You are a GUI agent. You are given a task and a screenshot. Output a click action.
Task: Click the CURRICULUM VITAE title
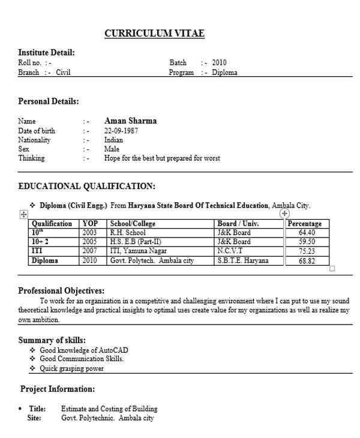coord(154,34)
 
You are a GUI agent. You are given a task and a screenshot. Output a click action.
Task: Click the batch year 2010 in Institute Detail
coord(219,62)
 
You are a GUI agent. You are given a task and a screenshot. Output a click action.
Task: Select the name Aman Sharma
coord(130,121)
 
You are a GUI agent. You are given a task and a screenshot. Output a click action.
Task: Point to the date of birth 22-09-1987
coord(121,131)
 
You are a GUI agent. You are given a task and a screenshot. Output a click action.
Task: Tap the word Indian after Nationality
coord(113,140)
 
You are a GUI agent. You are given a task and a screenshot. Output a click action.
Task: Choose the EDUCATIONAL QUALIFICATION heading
coord(86,186)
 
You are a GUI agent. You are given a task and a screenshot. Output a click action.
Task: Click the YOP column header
coord(90,223)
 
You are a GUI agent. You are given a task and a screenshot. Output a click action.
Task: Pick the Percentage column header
coord(305,223)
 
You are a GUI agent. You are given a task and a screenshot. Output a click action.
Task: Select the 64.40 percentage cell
coord(307,232)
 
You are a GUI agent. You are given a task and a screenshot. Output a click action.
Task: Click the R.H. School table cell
coord(128,232)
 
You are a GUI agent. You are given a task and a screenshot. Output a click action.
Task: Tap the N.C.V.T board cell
coord(230,251)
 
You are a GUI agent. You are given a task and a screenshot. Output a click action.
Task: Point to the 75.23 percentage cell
coord(307,251)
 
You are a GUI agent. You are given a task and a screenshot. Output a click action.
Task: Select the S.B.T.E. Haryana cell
coord(243,260)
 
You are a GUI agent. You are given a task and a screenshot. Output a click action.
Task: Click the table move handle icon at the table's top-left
coord(23,214)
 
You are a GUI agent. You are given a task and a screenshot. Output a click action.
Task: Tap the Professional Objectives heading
coord(61,291)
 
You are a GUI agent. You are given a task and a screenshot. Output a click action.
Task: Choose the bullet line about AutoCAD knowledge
coord(83,350)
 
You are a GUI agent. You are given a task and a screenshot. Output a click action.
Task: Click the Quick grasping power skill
coord(71,368)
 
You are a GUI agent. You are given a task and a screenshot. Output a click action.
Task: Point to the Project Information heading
coord(58,389)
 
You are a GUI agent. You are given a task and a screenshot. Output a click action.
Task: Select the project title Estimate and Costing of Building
coord(109,409)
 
